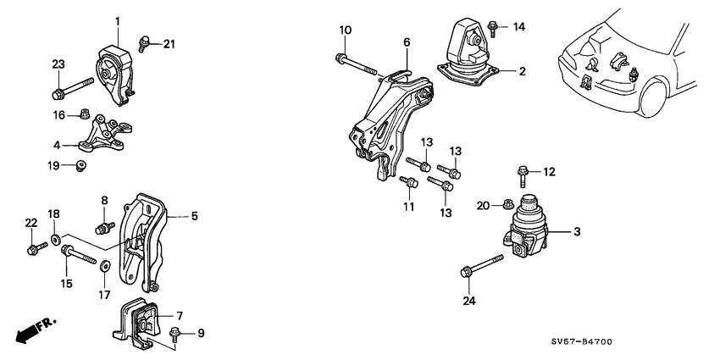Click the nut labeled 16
(85, 114)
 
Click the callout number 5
(194, 216)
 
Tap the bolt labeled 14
(492, 30)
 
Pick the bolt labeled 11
(409, 181)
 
